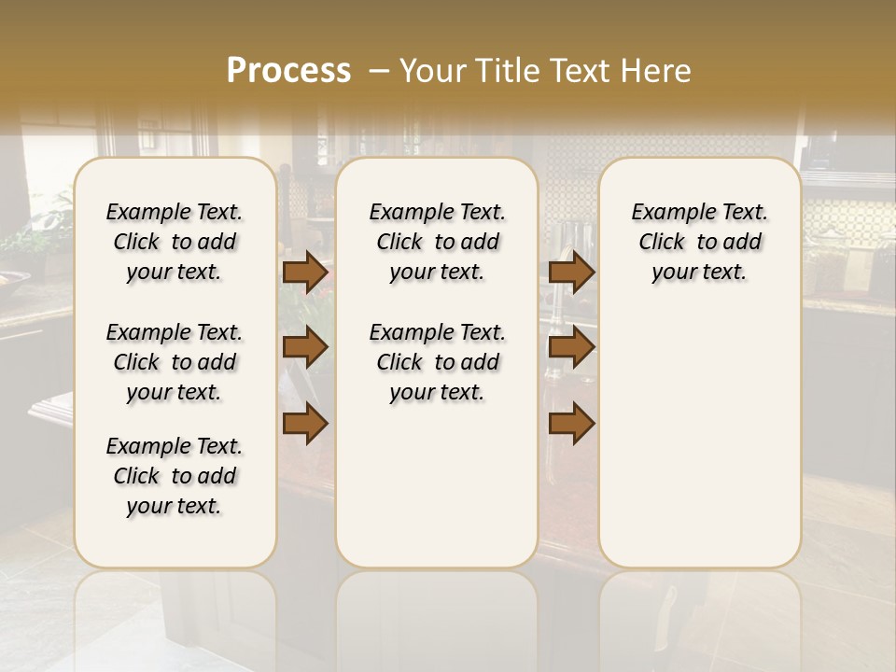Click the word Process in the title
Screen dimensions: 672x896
pos(288,71)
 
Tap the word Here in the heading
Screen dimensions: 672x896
pos(653,71)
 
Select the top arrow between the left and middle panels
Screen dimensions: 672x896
pos(305,272)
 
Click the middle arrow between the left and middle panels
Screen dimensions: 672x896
pos(305,347)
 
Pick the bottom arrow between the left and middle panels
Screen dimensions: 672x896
pos(305,424)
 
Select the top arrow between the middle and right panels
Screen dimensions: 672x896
pos(571,272)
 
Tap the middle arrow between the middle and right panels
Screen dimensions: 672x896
pos(571,347)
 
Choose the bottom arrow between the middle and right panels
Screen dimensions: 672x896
pos(571,424)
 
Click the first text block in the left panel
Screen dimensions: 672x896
pos(175,242)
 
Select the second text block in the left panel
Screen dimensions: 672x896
pos(175,362)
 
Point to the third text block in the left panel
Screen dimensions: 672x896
pos(175,476)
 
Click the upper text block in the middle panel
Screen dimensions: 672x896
pos(438,242)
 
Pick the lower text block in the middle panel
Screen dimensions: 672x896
pos(438,362)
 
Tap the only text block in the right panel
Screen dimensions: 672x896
pos(700,242)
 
